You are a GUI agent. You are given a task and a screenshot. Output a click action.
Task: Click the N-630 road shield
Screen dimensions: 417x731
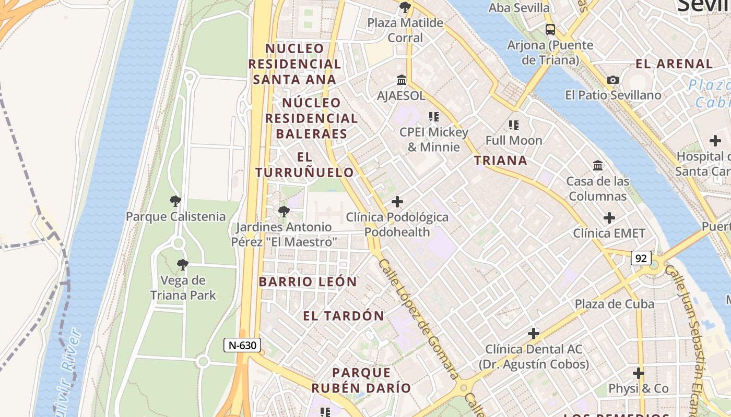242,345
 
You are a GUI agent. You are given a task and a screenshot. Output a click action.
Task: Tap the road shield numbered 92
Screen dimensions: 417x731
641,257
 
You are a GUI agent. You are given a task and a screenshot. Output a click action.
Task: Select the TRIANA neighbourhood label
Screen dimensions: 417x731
501,161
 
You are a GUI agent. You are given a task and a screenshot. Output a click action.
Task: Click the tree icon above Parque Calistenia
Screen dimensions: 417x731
175,201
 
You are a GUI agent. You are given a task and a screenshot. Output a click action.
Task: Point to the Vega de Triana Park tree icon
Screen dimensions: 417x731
182,265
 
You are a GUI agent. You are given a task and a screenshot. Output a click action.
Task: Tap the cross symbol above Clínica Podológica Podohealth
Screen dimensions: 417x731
397,201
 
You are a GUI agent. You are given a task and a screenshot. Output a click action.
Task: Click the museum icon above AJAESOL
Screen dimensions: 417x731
402,80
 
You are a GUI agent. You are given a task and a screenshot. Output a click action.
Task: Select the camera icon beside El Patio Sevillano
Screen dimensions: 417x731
613,80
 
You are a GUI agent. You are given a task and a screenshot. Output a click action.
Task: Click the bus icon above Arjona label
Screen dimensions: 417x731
550,29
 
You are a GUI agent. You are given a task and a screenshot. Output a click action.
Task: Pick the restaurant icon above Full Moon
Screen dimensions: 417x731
514,125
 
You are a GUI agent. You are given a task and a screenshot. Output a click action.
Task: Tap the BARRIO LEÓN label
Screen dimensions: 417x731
308,282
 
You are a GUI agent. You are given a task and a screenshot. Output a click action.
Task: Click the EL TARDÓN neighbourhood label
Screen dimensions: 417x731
344,316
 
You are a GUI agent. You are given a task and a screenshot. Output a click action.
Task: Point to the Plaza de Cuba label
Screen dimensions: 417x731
614,304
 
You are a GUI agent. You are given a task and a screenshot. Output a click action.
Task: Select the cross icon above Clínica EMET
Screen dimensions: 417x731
609,217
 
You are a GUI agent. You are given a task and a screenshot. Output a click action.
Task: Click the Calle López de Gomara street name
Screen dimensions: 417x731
419,318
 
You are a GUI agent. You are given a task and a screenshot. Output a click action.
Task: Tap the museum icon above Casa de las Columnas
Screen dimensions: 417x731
598,166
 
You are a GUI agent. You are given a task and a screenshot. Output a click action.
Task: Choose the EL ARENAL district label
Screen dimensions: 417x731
674,64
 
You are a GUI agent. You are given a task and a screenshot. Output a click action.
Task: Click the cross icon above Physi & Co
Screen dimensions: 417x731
638,373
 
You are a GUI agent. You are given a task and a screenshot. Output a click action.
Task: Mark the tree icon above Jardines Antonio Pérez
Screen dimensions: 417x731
284,212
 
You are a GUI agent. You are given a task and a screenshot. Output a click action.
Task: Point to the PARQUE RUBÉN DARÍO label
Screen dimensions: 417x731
361,381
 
